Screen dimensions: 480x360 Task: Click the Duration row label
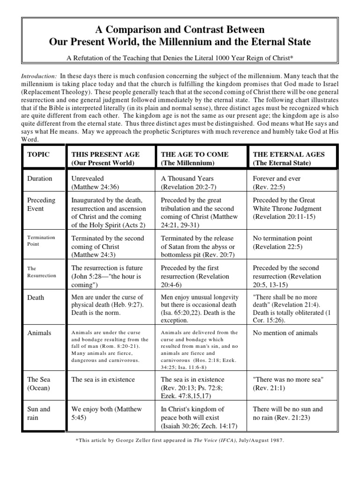[x=40, y=179]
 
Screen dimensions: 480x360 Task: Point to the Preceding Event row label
[x=41, y=204]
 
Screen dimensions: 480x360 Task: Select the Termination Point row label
[x=41, y=241]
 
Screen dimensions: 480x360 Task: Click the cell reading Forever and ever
[x=277, y=183]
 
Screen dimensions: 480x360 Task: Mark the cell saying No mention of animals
[x=285, y=333]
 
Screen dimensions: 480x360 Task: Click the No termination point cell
[x=283, y=242]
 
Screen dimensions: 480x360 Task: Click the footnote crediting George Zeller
[x=180, y=441]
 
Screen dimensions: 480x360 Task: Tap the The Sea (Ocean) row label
[x=39, y=383]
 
